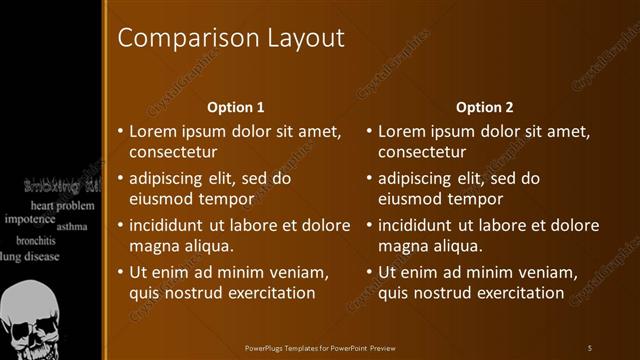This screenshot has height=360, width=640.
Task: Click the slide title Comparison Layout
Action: tap(231, 38)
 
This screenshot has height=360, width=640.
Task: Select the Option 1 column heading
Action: tap(236, 107)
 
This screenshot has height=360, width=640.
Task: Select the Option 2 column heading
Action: tap(485, 107)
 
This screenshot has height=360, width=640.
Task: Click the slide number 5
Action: tap(590, 347)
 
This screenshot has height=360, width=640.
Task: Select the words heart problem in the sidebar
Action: tap(61, 205)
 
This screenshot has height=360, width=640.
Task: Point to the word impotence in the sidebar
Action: tap(29, 218)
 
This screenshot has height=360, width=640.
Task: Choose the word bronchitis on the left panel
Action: tap(35, 241)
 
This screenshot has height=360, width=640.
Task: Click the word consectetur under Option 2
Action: tap(422, 152)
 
